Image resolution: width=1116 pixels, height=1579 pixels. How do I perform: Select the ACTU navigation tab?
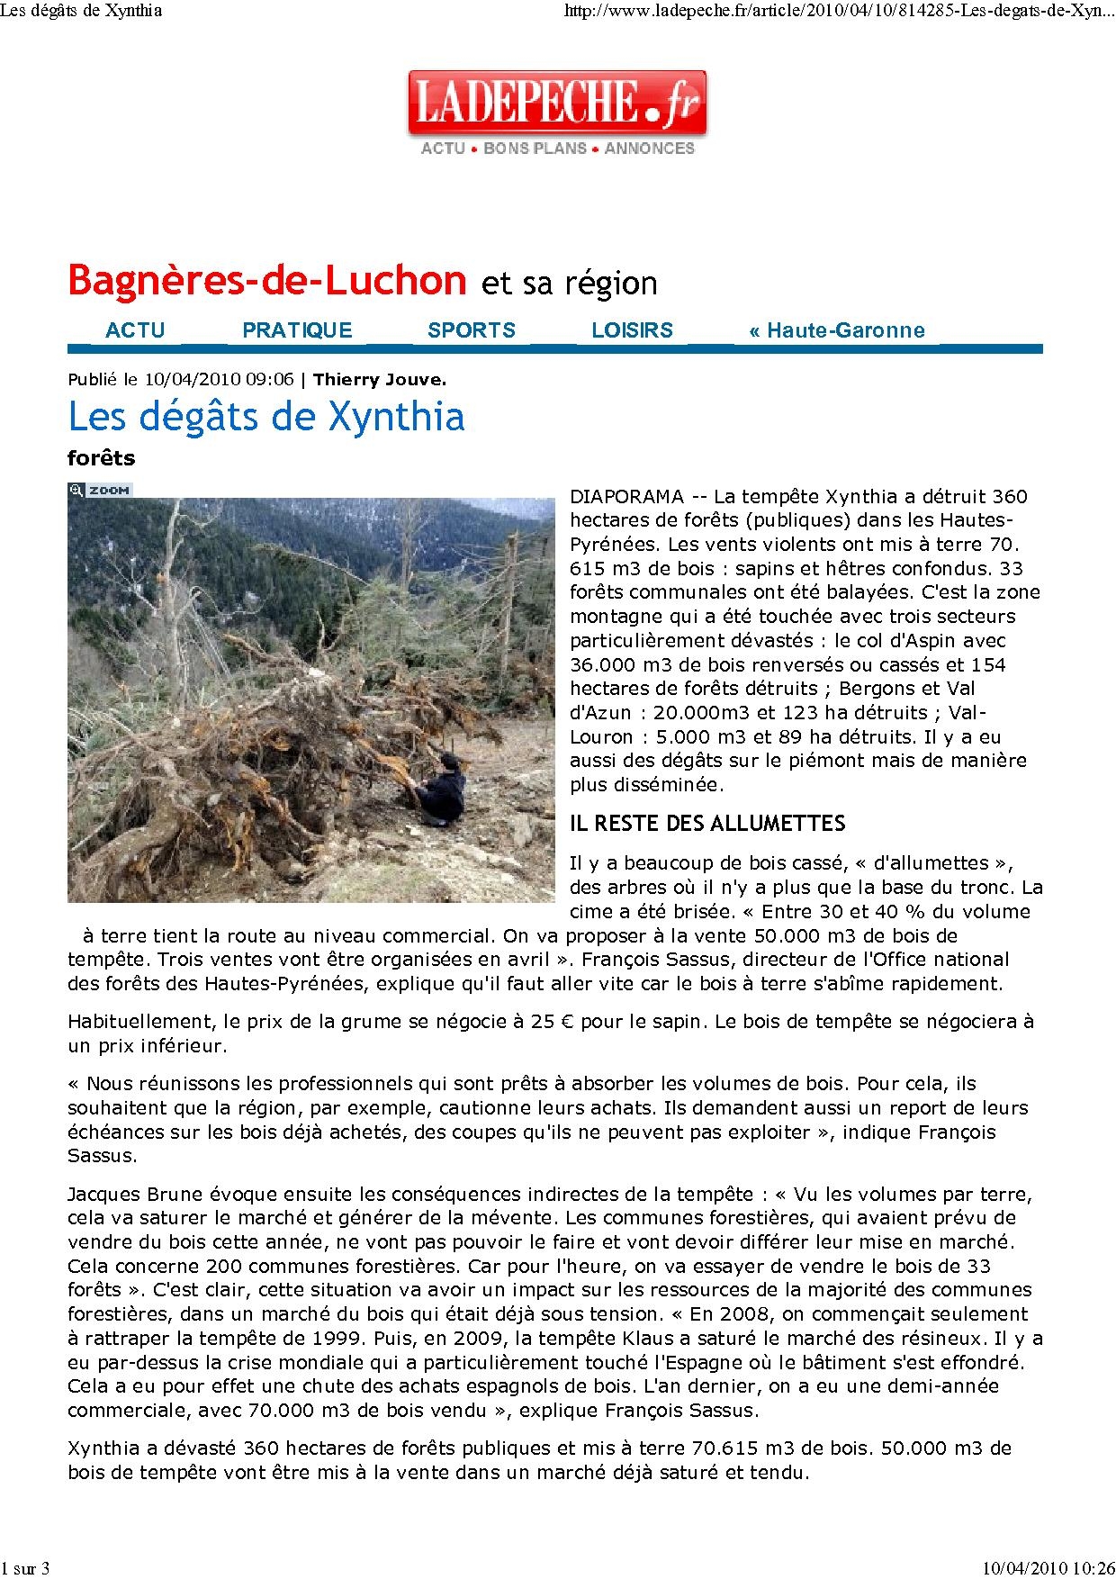coord(135,330)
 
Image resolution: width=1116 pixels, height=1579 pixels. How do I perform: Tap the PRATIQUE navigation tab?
coord(297,330)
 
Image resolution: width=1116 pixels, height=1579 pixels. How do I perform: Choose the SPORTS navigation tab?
coord(472,330)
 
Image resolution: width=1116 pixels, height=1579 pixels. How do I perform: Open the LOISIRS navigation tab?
coord(632,330)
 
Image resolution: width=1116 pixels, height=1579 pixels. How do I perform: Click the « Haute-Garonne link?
coord(836,330)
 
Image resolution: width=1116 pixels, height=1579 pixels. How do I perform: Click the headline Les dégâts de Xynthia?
coord(266,417)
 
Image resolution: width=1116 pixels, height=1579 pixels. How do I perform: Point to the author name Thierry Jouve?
coord(380,380)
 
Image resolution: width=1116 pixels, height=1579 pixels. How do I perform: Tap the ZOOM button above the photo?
coord(101,491)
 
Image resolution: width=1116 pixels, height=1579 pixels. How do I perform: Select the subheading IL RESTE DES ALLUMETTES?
coord(707,824)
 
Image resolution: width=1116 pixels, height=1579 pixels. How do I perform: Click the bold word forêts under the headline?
coord(101,458)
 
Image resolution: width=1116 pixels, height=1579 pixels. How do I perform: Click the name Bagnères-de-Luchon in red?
coord(267,281)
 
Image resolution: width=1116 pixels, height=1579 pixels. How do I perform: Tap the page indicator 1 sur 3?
coord(25,1568)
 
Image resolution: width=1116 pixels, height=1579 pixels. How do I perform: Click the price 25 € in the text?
coord(544,1022)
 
